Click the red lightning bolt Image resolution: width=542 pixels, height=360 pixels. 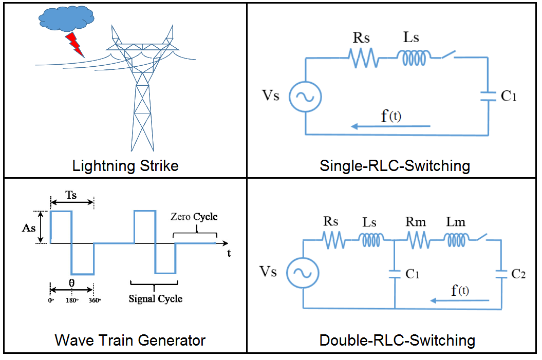[x=75, y=45]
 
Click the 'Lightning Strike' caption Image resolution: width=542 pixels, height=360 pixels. [x=125, y=166]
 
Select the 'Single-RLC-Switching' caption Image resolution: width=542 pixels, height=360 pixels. [x=395, y=166]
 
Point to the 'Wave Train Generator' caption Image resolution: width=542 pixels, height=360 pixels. [x=130, y=340]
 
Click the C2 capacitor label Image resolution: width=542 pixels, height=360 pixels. [x=518, y=274]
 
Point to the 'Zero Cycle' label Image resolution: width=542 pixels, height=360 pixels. [x=194, y=217]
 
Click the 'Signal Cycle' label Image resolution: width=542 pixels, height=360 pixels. [x=155, y=298]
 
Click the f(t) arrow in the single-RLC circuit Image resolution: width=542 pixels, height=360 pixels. [x=390, y=126]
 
